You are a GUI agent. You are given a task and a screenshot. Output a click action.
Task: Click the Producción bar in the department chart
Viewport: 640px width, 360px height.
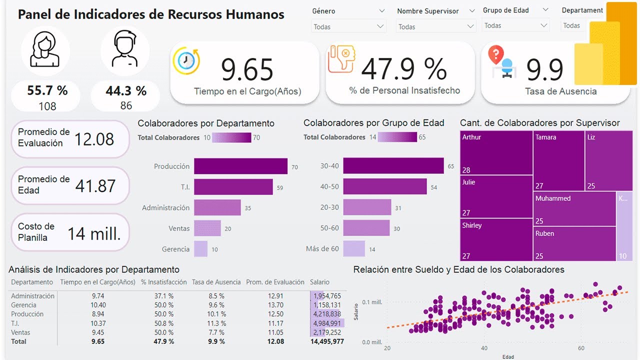click(x=240, y=166)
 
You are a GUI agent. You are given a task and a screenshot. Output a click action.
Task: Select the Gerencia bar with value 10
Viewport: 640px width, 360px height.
click(x=200, y=248)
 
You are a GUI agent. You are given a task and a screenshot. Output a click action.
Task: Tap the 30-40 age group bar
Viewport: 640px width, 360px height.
click(x=393, y=165)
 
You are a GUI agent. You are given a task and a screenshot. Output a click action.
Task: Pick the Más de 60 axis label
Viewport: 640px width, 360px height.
click(x=322, y=248)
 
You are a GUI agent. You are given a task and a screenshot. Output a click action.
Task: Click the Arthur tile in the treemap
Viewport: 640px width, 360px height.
click(x=496, y=152)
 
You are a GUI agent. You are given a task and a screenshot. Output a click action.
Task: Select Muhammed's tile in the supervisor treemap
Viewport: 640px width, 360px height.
click(x=574, y=209)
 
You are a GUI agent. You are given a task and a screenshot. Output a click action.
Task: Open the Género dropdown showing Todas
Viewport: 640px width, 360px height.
click(x=348, y=26)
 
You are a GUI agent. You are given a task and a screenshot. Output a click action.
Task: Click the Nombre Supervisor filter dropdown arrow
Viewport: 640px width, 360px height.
click(x=470, y=26)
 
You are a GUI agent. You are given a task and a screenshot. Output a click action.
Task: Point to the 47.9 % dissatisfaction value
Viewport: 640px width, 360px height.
click(x=404, y=69)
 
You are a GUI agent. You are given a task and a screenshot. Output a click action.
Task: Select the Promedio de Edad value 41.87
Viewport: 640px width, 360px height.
click(x=95, y=186)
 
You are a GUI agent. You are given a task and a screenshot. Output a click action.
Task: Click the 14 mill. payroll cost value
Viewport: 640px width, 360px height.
click(x=94, y=233)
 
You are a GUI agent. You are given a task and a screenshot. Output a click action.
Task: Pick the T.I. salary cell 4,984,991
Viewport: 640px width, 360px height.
click(x=327, y=323)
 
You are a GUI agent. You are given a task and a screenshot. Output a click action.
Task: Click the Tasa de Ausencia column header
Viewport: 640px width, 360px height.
click(x=216, y=282)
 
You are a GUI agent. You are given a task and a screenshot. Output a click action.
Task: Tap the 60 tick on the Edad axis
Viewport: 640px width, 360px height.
click(x=581, y=347)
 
